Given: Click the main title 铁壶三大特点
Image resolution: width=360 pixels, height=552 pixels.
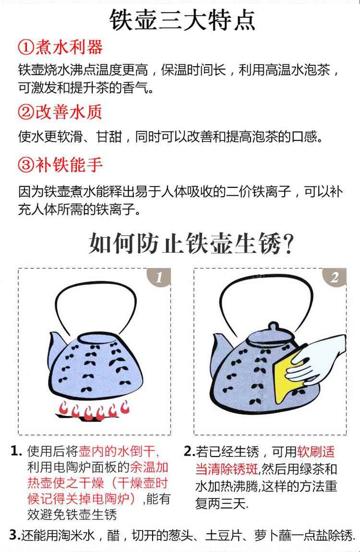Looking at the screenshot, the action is tap(182, 21).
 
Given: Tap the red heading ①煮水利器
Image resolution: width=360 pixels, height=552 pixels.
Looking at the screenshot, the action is tap(60, 47).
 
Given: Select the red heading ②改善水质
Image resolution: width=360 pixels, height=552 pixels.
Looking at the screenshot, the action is tap(60, 112).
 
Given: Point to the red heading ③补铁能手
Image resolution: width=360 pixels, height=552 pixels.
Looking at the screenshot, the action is tap(60, 164).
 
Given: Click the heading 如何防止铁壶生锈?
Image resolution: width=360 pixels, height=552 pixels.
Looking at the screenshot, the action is tap(191, 243).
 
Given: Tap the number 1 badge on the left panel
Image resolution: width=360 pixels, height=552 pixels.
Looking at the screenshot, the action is tap(159, 277).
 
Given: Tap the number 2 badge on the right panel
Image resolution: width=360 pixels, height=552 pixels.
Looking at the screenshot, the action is tap(334, 277).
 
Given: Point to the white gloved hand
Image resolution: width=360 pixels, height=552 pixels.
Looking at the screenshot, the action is tap(316, 359).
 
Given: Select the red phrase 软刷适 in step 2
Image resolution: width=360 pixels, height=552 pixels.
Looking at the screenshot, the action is tap(316, 451).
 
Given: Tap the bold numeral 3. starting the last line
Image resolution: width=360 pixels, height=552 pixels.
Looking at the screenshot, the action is tap(14, 535).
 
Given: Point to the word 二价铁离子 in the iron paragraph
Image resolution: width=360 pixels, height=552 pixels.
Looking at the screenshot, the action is tap(259, 192).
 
